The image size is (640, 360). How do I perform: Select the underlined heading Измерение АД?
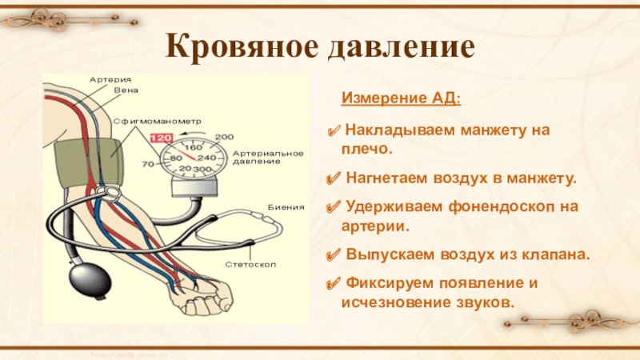pyautogui.click(x=401, y=99)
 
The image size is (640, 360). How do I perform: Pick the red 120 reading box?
pyautogui.click(x=162, y=137)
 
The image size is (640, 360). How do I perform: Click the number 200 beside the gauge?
pyautogui.click(x=224, y=136)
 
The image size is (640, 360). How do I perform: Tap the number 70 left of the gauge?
pyautogui.click(x=147, y=165)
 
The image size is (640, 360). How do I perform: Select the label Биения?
pyautogui.click(x=287, y=207)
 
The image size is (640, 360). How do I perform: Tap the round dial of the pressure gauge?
pyautogui.click(x=193, y=158)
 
